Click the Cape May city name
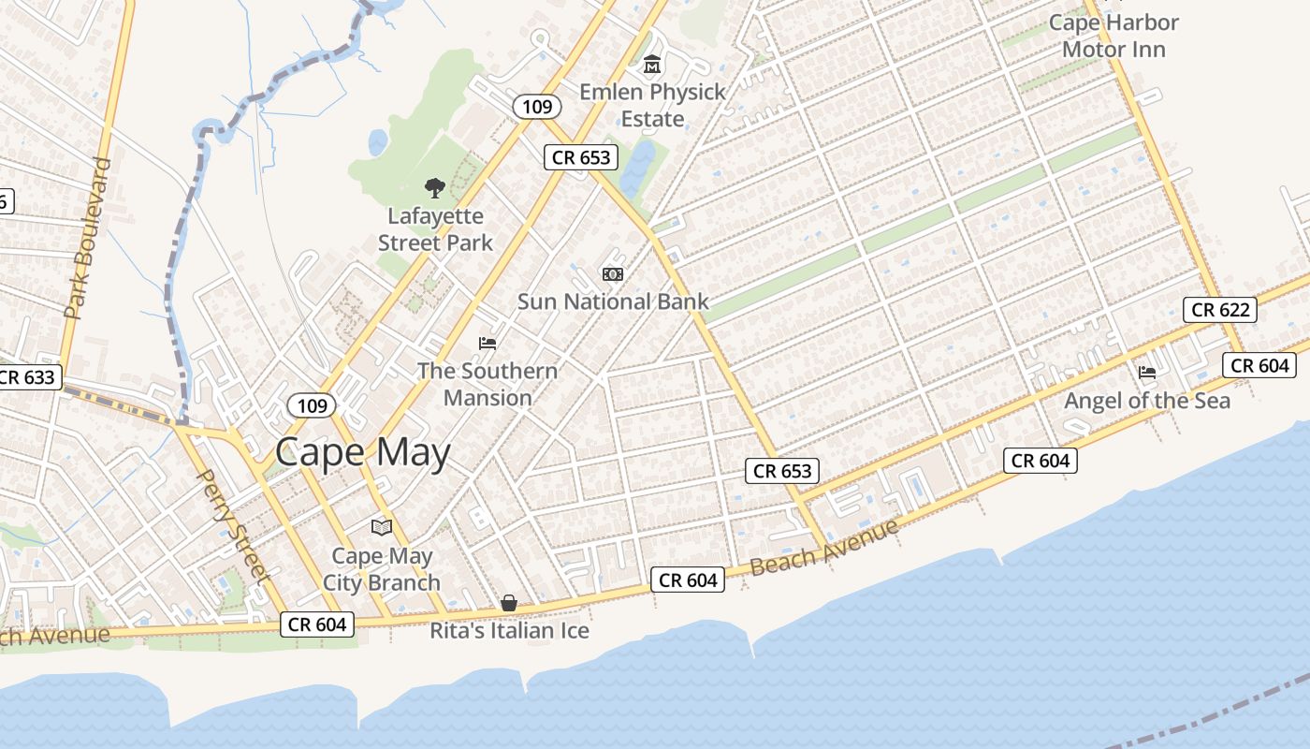(x=363, y=453)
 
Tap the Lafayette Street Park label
(x=435, y=229)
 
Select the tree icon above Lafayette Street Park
(x=434, y=188)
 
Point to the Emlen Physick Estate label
(x=652, y=105)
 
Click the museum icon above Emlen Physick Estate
(x=652, y=65)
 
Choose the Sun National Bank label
(x=613, y=301)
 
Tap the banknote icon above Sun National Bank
(x=613, y=273)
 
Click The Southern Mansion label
(x=488, y=384)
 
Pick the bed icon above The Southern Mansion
(x=488, y=343)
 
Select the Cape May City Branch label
(x=382, y=569)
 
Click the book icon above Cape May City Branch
(x=381, y=527)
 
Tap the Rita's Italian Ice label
(x=509, y=631)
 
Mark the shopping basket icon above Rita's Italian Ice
(x=509, y=603)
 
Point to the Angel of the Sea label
(x=1147, y=401)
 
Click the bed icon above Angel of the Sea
(x=1147, y=373)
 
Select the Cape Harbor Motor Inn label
(x=1113, y=36)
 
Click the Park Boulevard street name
(x=88, y=238)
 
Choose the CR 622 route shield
(x=1220, y=310)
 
